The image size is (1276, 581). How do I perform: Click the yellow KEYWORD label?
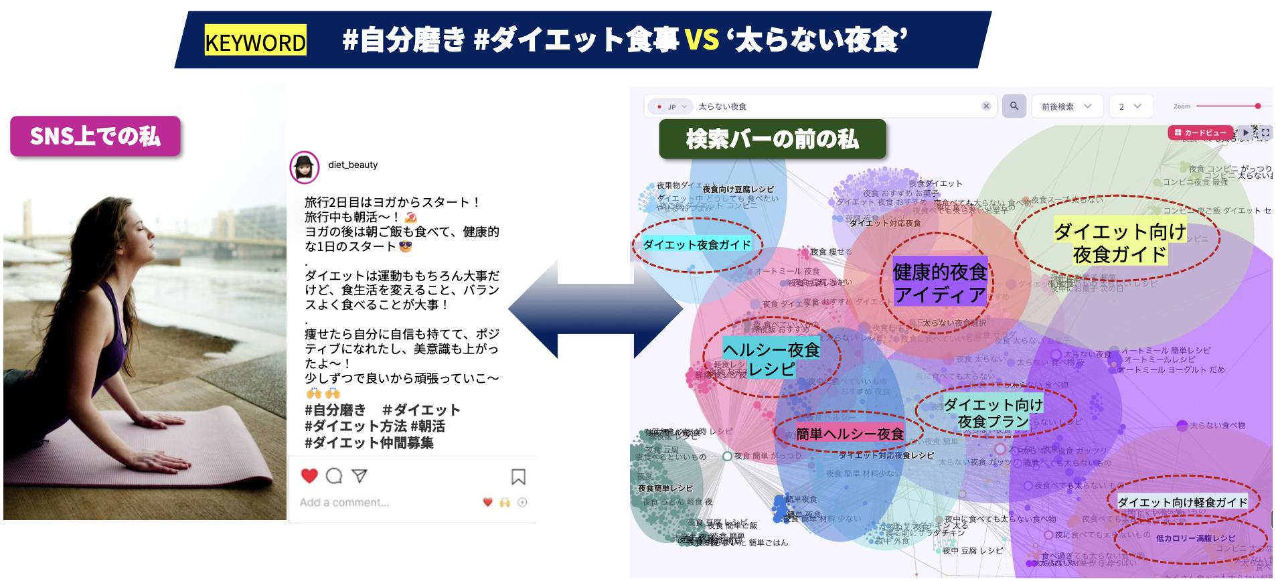(255, 41)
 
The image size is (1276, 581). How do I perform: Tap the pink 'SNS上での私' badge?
(95, 137)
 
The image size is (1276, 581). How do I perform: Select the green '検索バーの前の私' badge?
(772, 139)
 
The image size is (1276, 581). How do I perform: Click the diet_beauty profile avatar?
(304, 167)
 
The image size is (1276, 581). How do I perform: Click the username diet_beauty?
(353, 165)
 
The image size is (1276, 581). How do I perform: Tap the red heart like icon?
(309, 476)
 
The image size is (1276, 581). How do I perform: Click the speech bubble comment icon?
(334, 476)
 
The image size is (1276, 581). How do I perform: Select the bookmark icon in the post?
(518, 477)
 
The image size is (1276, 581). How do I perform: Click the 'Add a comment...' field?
(345, 502)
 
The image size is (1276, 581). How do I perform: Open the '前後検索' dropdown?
(1066, 106)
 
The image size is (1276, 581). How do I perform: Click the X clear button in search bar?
(986, 106)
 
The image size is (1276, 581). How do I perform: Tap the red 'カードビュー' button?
(1201, 133)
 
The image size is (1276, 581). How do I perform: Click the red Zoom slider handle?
(1258, 106)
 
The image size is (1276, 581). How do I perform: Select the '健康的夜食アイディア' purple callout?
(940, 282)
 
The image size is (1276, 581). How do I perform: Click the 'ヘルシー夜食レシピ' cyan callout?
(771, 359)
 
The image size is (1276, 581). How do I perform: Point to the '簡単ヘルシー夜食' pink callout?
(850, 434)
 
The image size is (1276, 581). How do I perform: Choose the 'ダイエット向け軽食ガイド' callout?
(1182, 502)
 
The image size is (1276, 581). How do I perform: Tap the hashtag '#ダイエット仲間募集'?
(369, 442)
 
